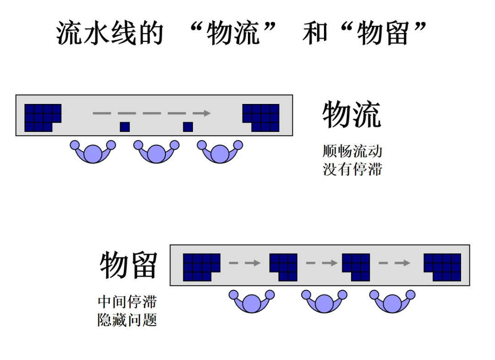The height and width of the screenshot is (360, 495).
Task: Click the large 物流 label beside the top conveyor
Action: tap(352, 115)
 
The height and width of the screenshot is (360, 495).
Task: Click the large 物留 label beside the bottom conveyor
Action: tap(128, 265)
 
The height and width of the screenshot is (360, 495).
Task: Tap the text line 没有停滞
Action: tap(352, 169)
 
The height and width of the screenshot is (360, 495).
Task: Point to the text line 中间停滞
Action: tap(127, 301)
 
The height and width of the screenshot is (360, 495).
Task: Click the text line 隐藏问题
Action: tap(127, 320)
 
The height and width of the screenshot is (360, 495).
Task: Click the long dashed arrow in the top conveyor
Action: tap(151, 113)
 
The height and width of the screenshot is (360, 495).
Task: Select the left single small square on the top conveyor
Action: tap(125, 127)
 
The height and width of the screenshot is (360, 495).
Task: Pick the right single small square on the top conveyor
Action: tap(188, 127)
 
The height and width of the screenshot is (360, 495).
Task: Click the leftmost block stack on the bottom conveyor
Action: tap(200, 267)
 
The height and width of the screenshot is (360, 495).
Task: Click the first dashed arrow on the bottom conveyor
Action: tap(244, 263)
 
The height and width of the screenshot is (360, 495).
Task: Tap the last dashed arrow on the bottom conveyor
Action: tap(394, 263)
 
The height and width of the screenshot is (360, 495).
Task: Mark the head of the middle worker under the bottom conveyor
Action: tap(324, 303)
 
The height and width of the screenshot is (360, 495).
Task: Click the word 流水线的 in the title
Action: tap(110, 33)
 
